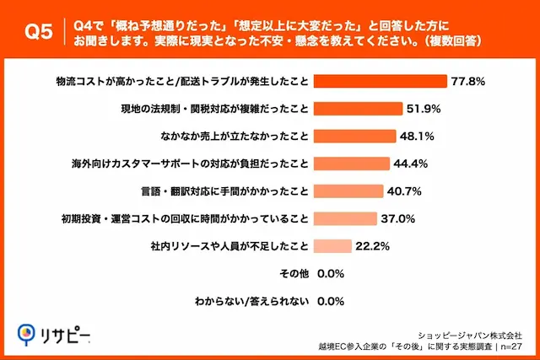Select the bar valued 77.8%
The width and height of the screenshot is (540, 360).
[x=380, y=81]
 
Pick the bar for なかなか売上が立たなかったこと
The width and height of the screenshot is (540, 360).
[x=354, y=136]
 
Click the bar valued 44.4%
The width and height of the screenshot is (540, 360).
[x=351, y=164]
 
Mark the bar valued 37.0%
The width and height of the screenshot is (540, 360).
[x=345, y=218]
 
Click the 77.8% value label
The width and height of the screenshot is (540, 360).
[x=469, y=81]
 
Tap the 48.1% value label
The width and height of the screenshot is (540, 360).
[x=419, y=136]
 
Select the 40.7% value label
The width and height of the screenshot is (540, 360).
[x=407, y=191]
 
